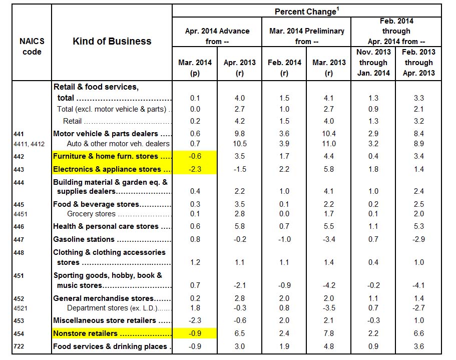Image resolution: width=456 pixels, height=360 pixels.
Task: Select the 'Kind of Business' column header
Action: (112, 41)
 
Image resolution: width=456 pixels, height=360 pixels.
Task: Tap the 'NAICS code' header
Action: (32, 47)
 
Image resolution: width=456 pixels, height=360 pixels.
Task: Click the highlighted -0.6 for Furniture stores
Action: (195, 156)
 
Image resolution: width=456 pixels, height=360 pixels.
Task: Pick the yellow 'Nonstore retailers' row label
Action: (85, 333)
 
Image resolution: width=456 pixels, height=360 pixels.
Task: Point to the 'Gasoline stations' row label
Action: (84, 239)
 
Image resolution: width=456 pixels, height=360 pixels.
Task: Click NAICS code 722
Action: (19, 346)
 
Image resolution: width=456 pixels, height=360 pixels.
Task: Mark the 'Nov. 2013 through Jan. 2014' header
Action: (373, 63)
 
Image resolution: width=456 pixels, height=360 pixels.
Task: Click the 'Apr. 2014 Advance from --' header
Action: (217, 36)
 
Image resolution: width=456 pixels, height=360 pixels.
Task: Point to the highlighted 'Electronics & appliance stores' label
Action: (107, 169)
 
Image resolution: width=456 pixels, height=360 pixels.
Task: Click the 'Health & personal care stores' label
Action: (106, 226)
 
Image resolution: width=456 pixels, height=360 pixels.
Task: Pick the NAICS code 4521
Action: (21, 307)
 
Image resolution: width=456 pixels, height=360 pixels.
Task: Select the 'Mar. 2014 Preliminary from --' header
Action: (306, 36)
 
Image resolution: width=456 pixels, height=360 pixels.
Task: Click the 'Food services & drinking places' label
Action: (110, 346)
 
